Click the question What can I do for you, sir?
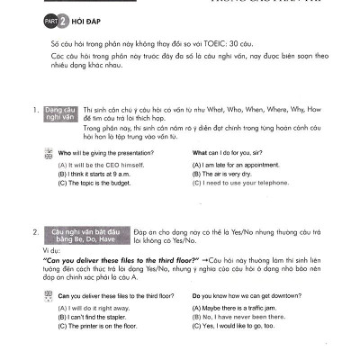(x=234, y=155)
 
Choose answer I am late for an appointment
(x=236, y=166)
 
